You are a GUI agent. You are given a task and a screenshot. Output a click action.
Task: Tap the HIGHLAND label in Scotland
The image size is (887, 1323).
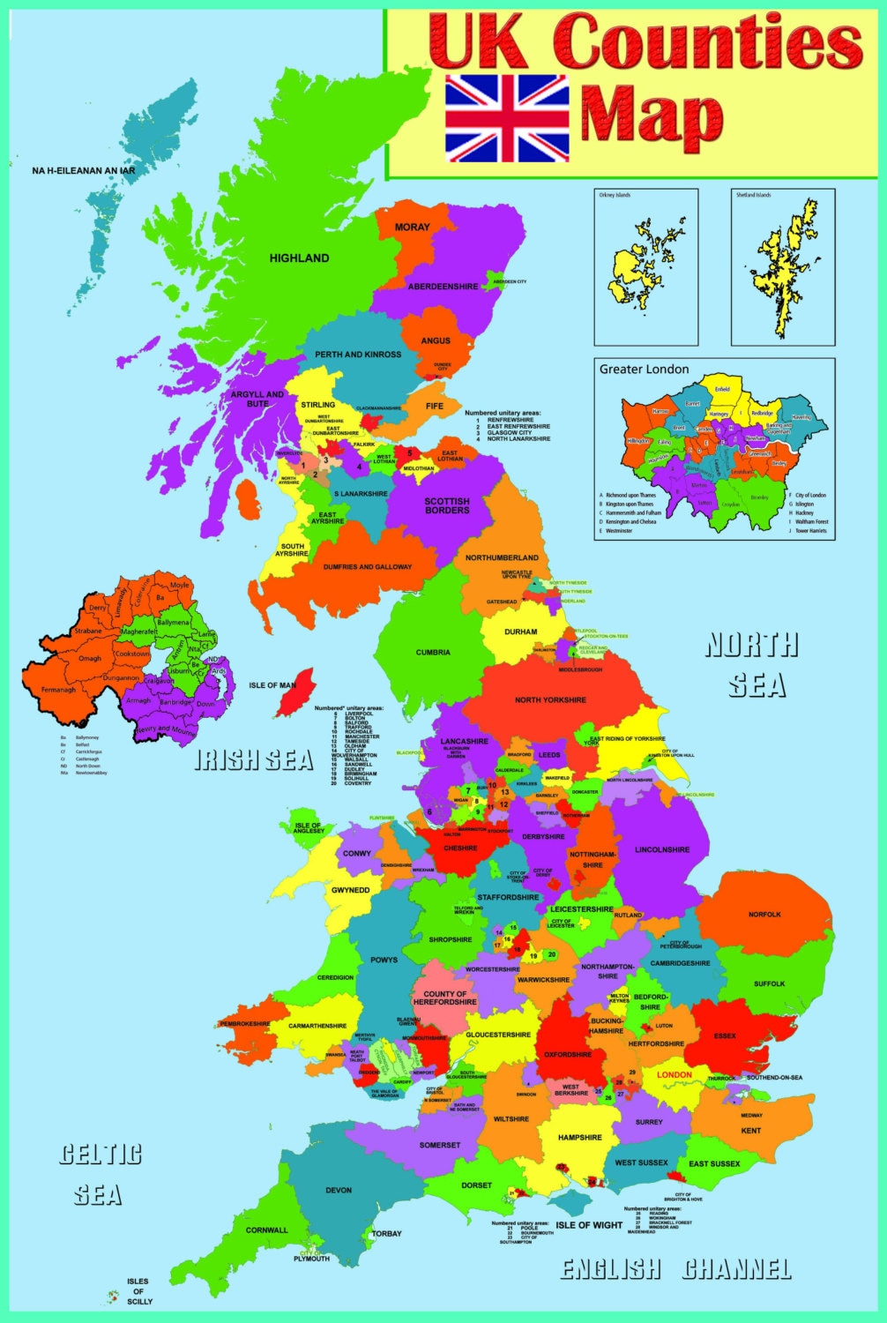299,258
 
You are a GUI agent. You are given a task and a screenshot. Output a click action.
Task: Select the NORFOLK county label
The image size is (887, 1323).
764,915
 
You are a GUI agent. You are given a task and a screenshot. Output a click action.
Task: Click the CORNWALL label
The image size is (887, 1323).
266,1230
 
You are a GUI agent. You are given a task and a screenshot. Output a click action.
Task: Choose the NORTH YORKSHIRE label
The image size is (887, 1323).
550,700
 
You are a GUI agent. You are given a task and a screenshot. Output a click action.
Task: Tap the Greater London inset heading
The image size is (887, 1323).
645,370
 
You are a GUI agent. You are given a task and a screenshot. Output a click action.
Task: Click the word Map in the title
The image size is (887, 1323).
652,116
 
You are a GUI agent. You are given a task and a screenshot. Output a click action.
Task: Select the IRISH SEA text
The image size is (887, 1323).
253,760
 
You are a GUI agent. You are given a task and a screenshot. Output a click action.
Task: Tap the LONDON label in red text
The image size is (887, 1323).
675,1074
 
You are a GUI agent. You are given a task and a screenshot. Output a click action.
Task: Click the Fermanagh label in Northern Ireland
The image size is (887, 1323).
58,690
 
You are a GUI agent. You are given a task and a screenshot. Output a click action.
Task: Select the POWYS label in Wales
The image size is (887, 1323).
384,960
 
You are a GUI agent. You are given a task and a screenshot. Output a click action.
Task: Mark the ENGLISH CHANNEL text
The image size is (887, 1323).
676,1269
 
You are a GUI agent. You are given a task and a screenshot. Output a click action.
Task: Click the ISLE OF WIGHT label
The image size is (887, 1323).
590,1225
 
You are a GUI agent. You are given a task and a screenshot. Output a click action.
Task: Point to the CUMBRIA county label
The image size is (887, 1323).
433,653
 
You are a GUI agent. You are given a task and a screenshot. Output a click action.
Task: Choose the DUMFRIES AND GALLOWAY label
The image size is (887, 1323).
367,567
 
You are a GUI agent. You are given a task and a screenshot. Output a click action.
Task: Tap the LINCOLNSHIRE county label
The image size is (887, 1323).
662,850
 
